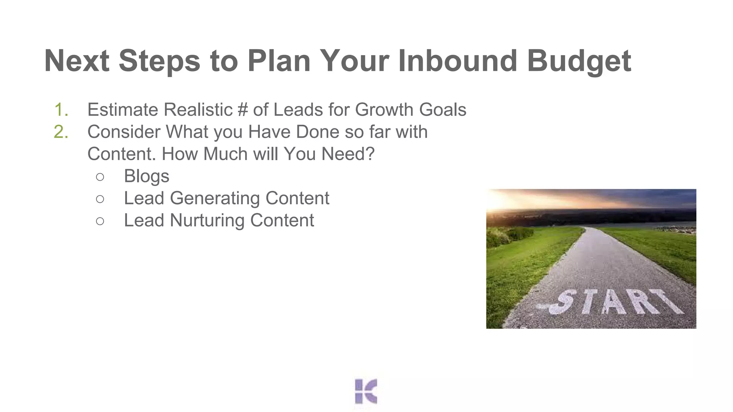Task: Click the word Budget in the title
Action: click(579, 61)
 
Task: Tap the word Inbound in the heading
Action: click(457, 61)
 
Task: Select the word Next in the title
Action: click(77, 61)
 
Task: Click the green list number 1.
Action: click(61, 110)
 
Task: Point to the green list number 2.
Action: click(61, 132)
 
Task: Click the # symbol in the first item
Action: click(242, 110)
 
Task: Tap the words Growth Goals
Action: click(411, 110)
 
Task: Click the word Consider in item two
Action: click(123, 132)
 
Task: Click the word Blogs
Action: click(146, 176)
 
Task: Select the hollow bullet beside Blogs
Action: click(100, 177)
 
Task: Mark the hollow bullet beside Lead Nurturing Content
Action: click(100, 221)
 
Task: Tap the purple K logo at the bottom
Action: click(366, 391)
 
